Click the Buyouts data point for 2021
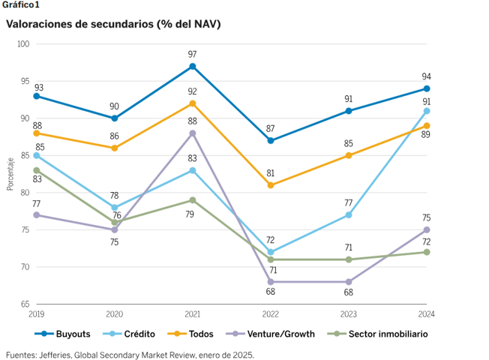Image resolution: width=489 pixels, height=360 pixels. tap(193, 66)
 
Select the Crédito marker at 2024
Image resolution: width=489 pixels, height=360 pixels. tap(427, 111)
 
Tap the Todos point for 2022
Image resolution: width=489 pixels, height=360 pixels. tap(271, 185)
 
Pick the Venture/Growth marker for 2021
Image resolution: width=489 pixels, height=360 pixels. tap(193, 133)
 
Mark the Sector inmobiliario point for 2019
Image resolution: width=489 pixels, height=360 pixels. tap(36, 170)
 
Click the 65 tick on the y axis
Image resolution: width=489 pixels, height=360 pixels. tap(25, 304)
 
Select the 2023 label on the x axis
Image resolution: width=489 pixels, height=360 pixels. tap(349, 314)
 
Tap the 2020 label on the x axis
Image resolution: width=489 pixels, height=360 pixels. tap(114, 314)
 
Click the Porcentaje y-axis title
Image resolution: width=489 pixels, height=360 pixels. tap(10, 174)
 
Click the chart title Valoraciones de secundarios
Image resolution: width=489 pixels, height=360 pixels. tap(113, 24)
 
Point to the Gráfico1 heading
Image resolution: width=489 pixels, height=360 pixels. tap(21, 5)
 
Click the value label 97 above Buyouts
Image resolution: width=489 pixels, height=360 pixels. tap(193, 54)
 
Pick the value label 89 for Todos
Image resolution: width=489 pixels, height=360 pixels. tap(427, 135)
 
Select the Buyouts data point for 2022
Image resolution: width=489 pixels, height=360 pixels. tap(271, 140)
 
